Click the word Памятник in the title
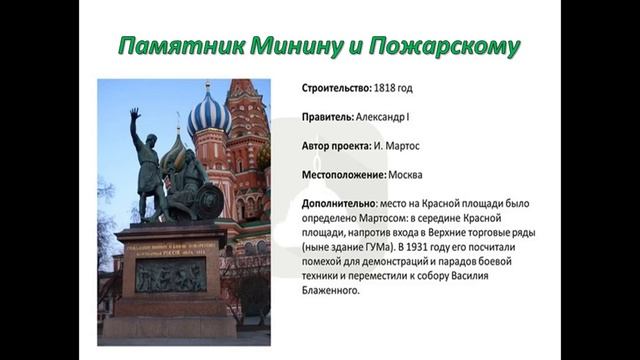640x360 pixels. pyautogui.click(x=171, y=47)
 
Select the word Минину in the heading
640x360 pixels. pyautogui.click(x=294, y=47)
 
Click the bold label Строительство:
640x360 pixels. pyautogui.click(x=337, y=88)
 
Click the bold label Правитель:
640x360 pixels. pyautogui.click(x=330, y=117)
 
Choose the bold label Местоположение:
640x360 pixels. pyautogui.click(x=343, y=175)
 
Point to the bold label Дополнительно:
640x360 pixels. pyautogui.click(x=340, y=203)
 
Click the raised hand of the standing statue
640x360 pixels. pyautogui.click(x=135, y=116)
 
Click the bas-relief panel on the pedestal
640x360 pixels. pyautogui.click(x=172, y=275)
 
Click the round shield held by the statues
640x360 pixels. pyautogui.click(x=208, y=202)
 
